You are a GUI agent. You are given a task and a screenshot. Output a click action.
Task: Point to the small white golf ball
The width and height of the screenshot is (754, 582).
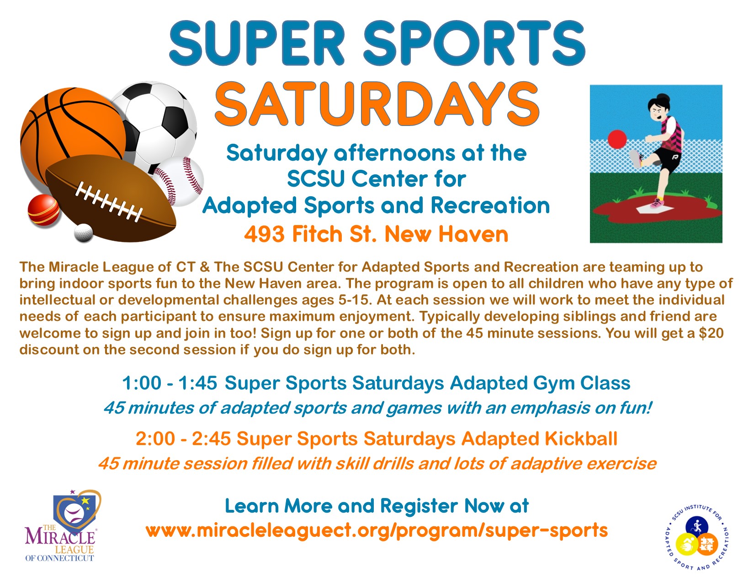[x=84, y=232]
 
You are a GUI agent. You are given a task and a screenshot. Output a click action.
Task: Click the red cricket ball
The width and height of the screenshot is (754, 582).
[x=43, y=210]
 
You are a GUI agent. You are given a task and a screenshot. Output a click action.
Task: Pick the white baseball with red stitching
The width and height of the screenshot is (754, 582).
[x=182, y=180]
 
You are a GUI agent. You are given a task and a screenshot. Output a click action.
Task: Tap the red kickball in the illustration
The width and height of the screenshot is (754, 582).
[x=617, y=139]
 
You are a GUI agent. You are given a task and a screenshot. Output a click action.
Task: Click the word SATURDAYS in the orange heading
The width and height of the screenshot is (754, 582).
[x=377, y=104]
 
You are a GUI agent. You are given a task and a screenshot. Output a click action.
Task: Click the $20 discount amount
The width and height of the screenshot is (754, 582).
[x=712, y=333]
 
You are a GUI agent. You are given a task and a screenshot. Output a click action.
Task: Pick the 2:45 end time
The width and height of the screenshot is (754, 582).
[x=211, y=439]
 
